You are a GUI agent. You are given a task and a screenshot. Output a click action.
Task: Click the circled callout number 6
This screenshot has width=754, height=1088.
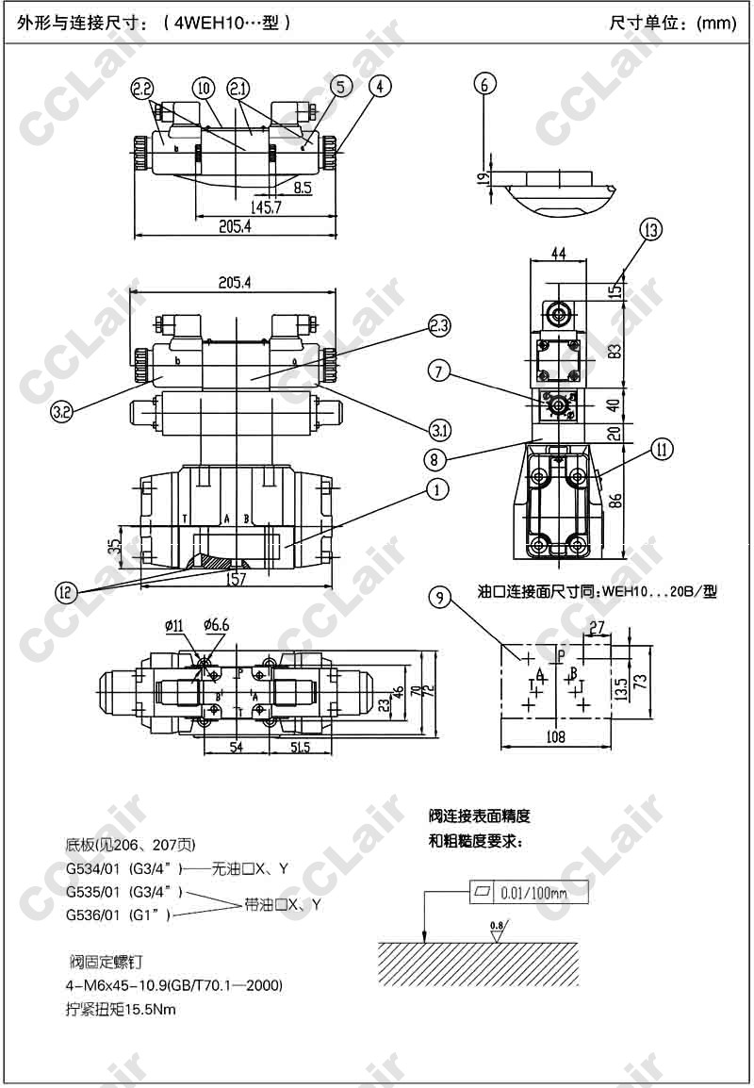[x=484, y=84]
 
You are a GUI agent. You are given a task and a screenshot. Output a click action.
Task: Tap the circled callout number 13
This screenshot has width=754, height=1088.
[x=650, y=228]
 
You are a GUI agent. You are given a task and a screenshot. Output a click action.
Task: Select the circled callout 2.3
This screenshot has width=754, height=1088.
[x=439, y=326]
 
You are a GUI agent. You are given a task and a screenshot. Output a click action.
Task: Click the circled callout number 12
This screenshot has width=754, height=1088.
[x=66, y=592]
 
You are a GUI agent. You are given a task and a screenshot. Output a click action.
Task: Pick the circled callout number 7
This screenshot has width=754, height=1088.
[x=437, y=371]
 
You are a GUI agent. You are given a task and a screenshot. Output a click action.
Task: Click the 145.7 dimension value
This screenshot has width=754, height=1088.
[x=265, y=206]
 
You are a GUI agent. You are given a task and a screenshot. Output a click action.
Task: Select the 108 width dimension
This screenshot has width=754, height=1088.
[x=555, y=736]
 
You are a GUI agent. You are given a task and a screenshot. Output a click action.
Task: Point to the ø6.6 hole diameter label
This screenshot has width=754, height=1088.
[x=216, y=624]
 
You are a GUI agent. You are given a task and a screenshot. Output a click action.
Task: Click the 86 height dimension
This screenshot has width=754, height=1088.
[x=615, y=501]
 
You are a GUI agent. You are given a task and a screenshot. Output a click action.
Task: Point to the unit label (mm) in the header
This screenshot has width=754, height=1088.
[x=716, y=24]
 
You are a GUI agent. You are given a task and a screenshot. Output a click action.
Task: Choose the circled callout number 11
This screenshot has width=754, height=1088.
[x=664, y=450]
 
